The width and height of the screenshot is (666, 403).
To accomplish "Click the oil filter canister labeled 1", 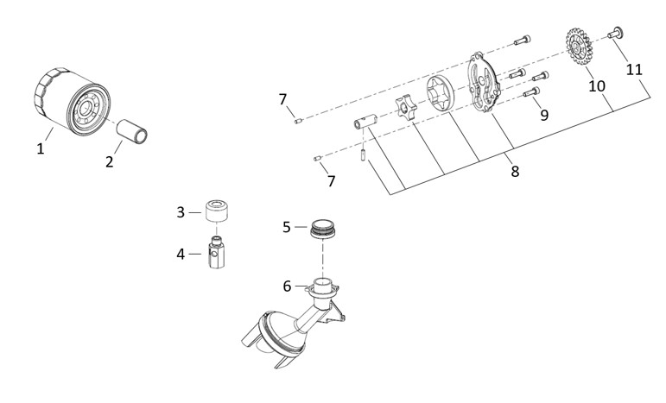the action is [72, 101].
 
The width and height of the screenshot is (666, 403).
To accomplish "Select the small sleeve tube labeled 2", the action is [132, 130].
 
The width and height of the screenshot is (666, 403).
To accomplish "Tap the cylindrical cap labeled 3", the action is [217, 211].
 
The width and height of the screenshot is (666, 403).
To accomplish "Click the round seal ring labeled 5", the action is [322, 229].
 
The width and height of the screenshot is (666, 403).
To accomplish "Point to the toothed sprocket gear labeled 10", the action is [579, 46].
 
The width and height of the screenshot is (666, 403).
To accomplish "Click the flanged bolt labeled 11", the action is [615, 33].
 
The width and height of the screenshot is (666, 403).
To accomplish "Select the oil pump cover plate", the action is [484, 82].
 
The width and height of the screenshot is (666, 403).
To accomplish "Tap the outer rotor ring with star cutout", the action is [441, 95].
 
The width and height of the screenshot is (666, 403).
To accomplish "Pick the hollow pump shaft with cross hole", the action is [366, 122].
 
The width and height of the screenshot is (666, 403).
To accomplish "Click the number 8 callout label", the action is [515, 172].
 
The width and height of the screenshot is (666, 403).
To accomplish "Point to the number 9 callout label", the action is [544, 115].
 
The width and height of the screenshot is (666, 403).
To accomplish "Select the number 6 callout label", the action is [287, 287].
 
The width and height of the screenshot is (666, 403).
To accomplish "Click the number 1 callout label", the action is [41, 149].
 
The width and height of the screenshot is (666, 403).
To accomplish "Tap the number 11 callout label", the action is [634, 69].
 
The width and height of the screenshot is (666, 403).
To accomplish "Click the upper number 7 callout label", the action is [282, 99].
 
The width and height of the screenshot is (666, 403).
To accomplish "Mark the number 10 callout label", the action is [597, 86].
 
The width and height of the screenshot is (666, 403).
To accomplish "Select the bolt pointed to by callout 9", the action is [531, 91].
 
